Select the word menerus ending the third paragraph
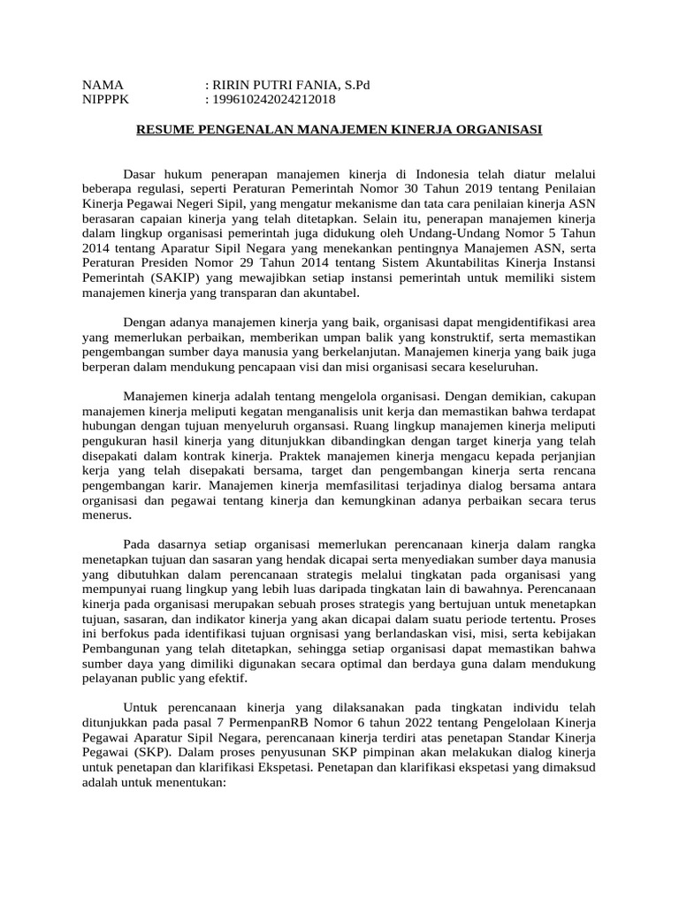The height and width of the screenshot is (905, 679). [x=107, y=517]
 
